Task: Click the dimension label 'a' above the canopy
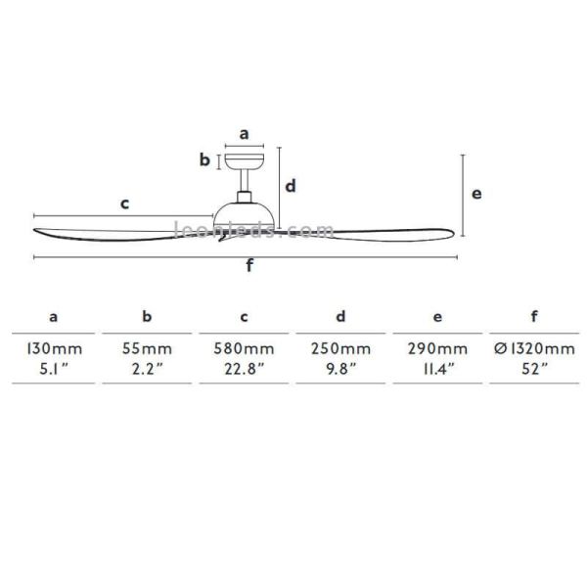pyautogui.click(x=244, y=134)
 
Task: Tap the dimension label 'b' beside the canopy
pyautogui.click(x=205, y=160)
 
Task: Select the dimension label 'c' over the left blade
pyautogui.click(x=124, y=203)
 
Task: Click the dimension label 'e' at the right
pyautogui.click(x=476, y=194)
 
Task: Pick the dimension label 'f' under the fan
pyautogui.click(x=249, y=267)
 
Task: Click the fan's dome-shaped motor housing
pyautogui.click(x=244, y=213)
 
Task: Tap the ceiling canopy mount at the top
pyautogui.click(x=244, y=161)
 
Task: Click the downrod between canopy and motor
pyautogui.click(x=244, y=184)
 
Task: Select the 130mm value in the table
pyautogui.click(x=55, y=349)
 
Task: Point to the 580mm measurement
pyautogui.click(x=245, y=349)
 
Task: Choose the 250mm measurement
pyautogui.click(x=341, y=349)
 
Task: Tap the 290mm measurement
pyautogui.click(x=437, y=349)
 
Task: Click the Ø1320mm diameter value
pyautogui.click(x=534, y=349)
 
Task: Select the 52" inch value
pyautogui.click(x=534, y=369)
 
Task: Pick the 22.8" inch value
pyautogui.click(x=245, y=369)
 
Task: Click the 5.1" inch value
pyautogui.click(x=55, y=369)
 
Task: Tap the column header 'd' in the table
pyautogui.click(x=340, y=317)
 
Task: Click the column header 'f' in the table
pyautogui.click(x=534, y=316)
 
